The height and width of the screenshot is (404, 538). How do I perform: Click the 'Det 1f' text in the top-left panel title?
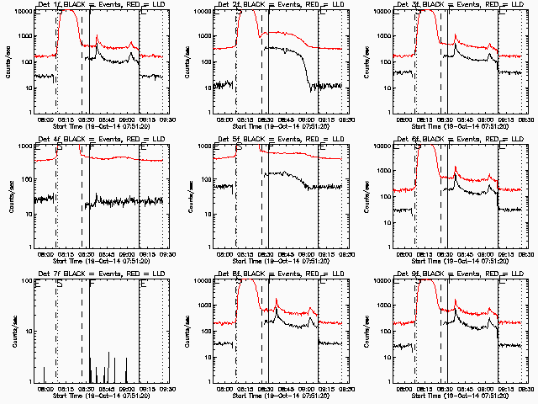[50, 5]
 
